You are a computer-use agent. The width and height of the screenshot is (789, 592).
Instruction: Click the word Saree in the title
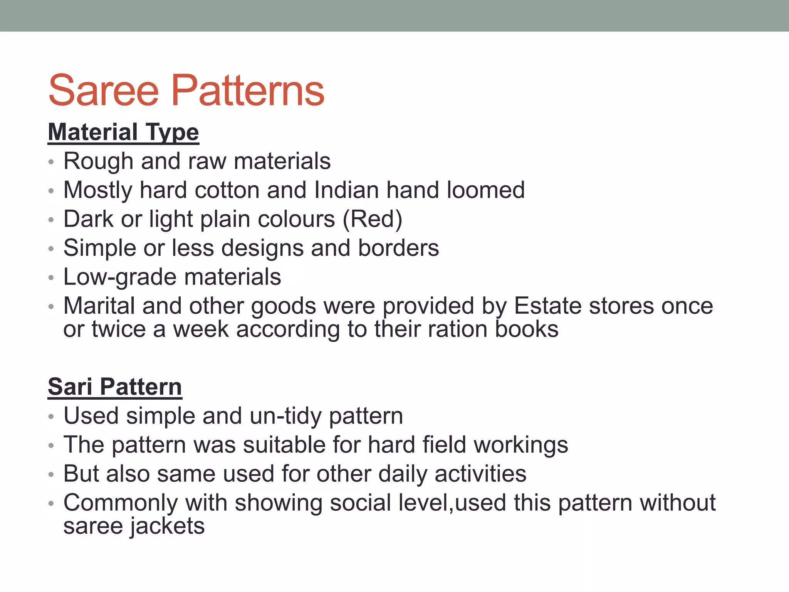click(x=104, y=91)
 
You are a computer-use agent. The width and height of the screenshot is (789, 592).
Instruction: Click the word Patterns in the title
click(x=248, y=91)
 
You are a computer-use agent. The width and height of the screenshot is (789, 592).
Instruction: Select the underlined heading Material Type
click(x=123, y=132)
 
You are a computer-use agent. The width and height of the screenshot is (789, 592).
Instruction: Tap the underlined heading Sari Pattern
click(x=115, y=387)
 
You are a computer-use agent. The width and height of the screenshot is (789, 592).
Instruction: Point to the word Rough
click(x=98, y=161)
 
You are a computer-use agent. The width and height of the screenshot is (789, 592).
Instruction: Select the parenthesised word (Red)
click(x=372, y=219)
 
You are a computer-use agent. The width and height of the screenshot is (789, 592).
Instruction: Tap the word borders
click(x=398, y=248)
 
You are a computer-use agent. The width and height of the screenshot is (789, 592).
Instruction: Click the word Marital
click(x=99, y=306)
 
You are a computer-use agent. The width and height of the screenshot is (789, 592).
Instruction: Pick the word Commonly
click(x=121, y=503)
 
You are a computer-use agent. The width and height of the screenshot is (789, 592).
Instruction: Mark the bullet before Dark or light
click(x=51, y=220)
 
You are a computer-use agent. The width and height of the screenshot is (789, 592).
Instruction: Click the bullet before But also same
click(x=51, y=474)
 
